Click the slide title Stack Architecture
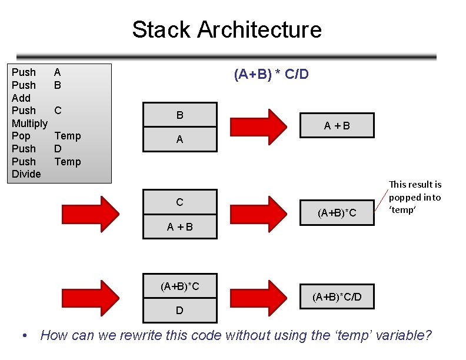pyautogui.click(x=227, y=29)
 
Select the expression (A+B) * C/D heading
pyautogui.click(x=271, y=75)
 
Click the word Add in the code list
pyautogui.click(x=21, y=98)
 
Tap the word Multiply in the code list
pyautogui.click(x=29, y=123)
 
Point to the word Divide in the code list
pyautogui.click(x=26, y=174)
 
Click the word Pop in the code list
pyautogui.click(x=21, y=136)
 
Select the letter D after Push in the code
pyautogui.click(x=58, y=149)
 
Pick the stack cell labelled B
pyautogui.click(x=179, y=115)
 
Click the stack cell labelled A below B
pyautogui.click(x=179, y=140)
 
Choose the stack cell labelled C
pyautogui.click(x=179, y=202)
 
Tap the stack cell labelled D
pyautogui.click(x=179, y=310)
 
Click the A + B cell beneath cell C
pyautogui.click(x=179, y=226)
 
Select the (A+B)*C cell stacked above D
pyautogui.click(x=179, y=286)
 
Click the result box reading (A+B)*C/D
pyautogui.click(x=337, y=297)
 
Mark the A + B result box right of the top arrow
pyautogui.click(x=337, y=125)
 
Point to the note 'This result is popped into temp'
pyautogui.click(x=415, y=197)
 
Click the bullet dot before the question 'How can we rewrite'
pyautogui.click(x=24, y=336)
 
